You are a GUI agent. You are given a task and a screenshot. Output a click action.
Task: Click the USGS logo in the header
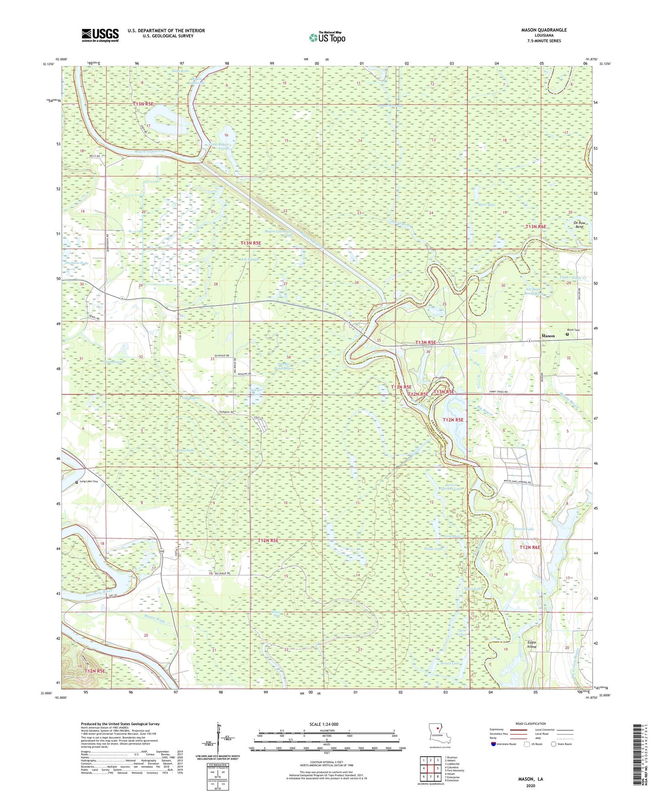click(100, 35)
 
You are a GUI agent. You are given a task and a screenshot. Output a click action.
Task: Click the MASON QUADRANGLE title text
click(544, 30)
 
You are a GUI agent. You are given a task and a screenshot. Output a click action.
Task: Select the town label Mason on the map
click(548, 336)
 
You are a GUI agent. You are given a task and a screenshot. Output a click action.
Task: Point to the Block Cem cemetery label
click(573, 330)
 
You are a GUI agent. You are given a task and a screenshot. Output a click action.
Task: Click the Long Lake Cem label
click(89, 481)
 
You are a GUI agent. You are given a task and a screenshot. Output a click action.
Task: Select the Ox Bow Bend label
click(579, 224)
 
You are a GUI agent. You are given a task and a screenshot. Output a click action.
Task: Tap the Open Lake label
click(486, 205)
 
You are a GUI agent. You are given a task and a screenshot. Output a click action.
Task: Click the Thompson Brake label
click(77, 263)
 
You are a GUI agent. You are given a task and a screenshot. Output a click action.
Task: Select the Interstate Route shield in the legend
click(494, 744)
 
